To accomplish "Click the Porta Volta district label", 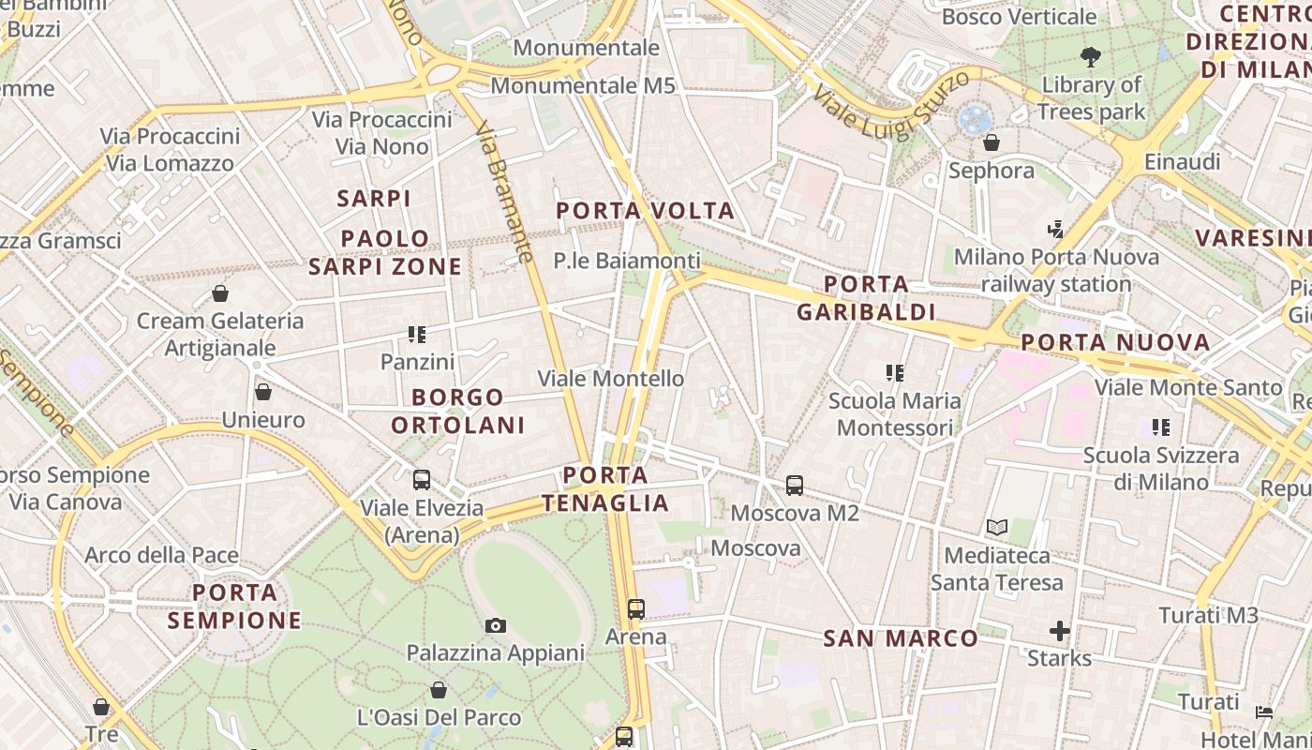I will [646, 211].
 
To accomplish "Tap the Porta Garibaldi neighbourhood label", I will [866, 298].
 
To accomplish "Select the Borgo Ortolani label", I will [458, 412].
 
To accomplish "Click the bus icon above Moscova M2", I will [795, 486].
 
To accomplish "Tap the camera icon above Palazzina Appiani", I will [495, 625].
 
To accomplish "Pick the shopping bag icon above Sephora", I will [991, 142].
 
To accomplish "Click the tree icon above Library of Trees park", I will [1090, 57].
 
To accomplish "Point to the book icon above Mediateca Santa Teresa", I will [996, 528].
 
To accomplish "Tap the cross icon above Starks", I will [1059, 631].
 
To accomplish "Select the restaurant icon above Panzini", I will [417, 334].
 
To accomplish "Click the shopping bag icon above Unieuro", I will [263, 392].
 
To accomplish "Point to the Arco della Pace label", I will [162, 555].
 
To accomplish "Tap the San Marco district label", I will [901, 638].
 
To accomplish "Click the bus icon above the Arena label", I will [636, 609].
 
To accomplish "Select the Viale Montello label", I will [610, 379].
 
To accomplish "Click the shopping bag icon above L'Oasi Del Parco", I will [439, 691].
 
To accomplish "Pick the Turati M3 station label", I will [1208, 615].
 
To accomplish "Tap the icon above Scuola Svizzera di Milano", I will [1161, 427].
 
